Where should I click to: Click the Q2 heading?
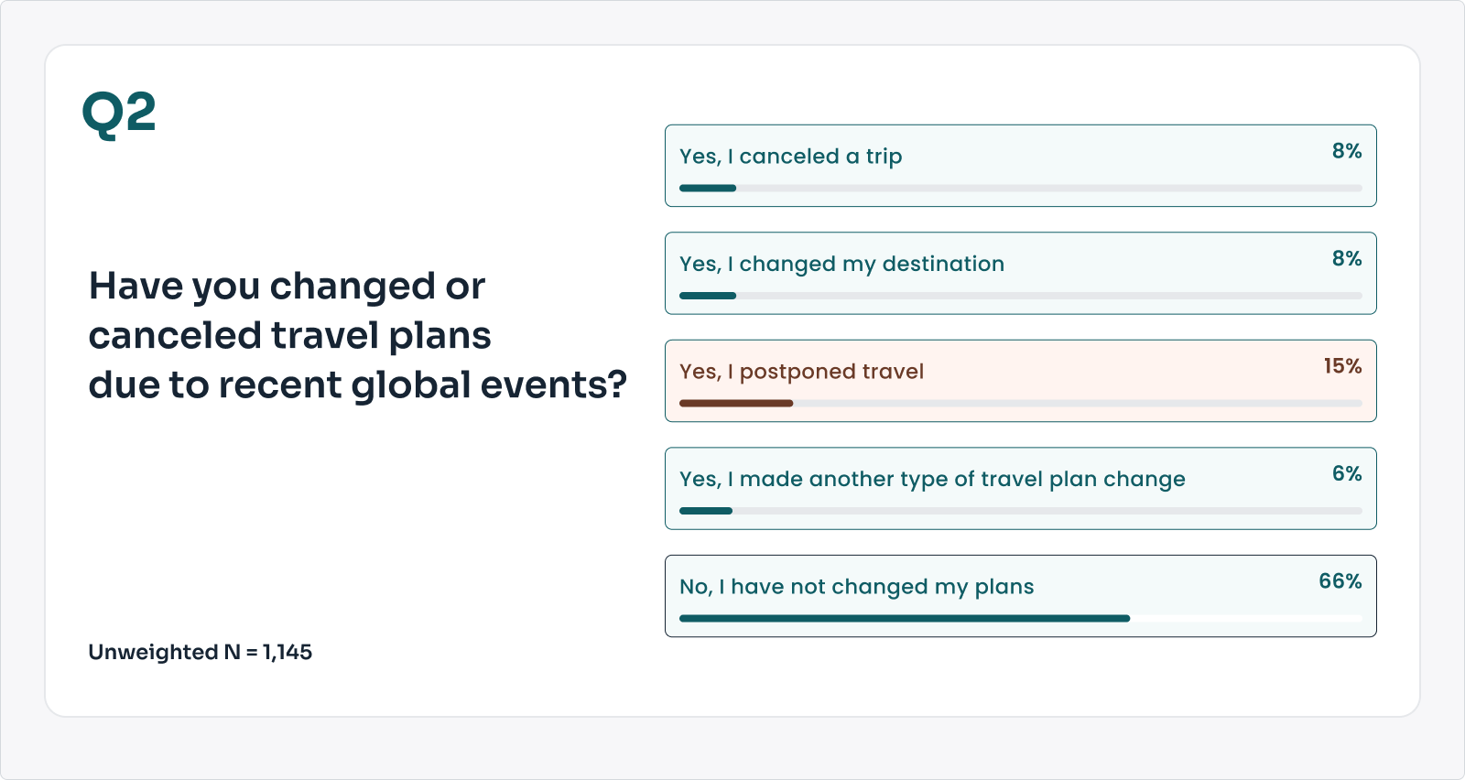pyautogui.click(x=119, y=114)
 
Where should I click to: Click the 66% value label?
pyautogui.click(x=1340, y=580)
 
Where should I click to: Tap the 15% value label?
pyautogui.click(x=1342, y=365)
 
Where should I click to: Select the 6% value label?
pyautogui.click(x=1347, y=473)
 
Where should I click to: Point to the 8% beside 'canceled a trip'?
pyautogui.click(x=1347, y=150)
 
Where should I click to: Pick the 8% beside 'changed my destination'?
pyautogui.click(x=1347, y=258)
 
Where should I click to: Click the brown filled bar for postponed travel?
pyautogui.click(x=736, y=404)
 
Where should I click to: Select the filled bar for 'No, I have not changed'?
pyautogui.click(x=905, y=619)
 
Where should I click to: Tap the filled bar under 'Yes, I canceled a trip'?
pyautogui.click(x=708, y=189)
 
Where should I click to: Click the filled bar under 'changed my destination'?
pyautogui.click(x=708, y=297)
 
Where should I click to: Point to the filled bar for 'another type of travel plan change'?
pyautogui.click(x=706, y=511)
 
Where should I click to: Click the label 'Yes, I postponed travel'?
pyautogui.click(x=802, y=372)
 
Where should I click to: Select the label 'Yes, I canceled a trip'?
pyautogui.click(x=791, y=157)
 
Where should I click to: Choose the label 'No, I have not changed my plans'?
pyautogui.click(x=857, y=587)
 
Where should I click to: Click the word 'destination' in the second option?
pyautogui.click(x=943, y=264)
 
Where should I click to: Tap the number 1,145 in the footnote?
pyautogui.click(x=288, y=652)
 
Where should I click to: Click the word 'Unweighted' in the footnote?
pyautogui.click(x=153, y=653)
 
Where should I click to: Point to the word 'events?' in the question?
pyautogui.click(x=554, y=384)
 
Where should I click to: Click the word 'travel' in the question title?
pyautogui.click(x=324, y=335)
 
